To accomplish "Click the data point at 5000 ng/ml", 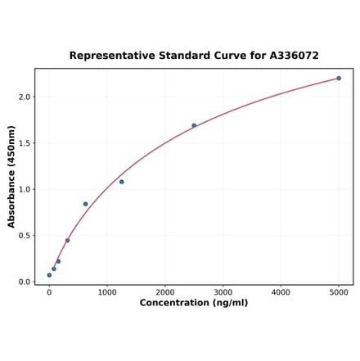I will click(x=339, y=79).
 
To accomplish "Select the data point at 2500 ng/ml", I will click(x=194, y=125).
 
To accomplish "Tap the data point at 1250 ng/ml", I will click(x=122, y=182).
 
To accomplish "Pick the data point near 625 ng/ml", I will click(x=85, y=204).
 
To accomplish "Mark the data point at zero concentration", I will click(x=49, y=275).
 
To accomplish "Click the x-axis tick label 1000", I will click(x=107, y=291).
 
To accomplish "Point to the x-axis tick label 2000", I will click(x=165, y=291).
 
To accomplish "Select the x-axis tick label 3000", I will click(x=223, y=291).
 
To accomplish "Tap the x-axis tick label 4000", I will click(x=281, y=291).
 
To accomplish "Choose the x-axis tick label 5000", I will click(x=339, y=291).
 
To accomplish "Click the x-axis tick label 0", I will click(x=49, y=291).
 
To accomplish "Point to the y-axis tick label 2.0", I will click(x=25, y=97).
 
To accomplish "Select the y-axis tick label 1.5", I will click(x=25, y=143).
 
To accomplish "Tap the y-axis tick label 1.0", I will click(x=25, y=189).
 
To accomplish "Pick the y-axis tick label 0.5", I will click(x=25, y=236).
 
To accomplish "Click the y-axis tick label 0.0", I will click(x=25, y=282).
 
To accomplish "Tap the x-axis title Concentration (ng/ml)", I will click(x=194, y=303).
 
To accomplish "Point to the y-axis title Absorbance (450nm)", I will click(x=11, y=177).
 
